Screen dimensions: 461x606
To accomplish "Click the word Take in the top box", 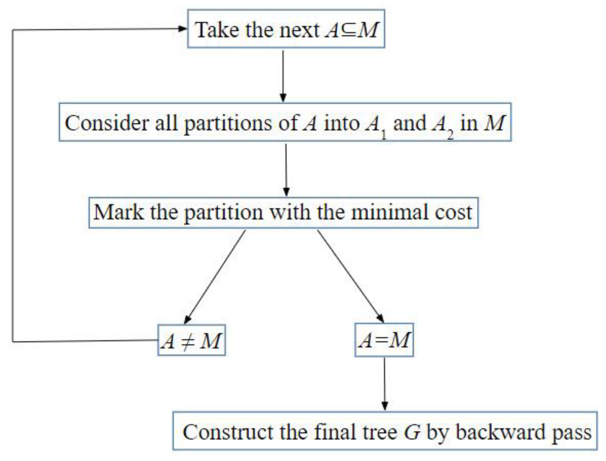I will (217, 30).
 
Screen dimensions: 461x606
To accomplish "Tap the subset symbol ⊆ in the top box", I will (349, 30).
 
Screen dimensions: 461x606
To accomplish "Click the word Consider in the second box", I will (107, 123).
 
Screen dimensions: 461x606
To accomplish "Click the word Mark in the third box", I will (118, 212).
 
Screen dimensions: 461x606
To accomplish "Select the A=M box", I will (384, 340).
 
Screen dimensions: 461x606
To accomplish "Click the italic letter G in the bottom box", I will (412, 432).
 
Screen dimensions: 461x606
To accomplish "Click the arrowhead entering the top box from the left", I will (182, 29).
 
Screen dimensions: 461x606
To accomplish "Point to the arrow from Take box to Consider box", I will (283, 76).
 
